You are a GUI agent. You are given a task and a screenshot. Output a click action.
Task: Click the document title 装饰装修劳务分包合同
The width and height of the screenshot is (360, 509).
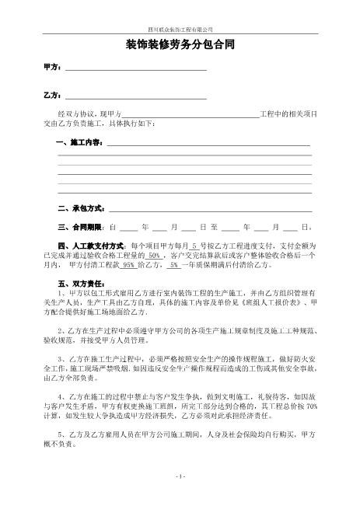(x=180, y=44)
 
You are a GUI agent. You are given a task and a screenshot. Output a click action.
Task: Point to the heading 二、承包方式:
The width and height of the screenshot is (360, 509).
(x=82, y=209)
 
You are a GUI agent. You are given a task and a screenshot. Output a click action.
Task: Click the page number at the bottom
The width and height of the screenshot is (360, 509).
(x=180, y=498)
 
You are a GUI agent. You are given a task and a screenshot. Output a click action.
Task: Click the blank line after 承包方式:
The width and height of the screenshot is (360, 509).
(x=210, y=209)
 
